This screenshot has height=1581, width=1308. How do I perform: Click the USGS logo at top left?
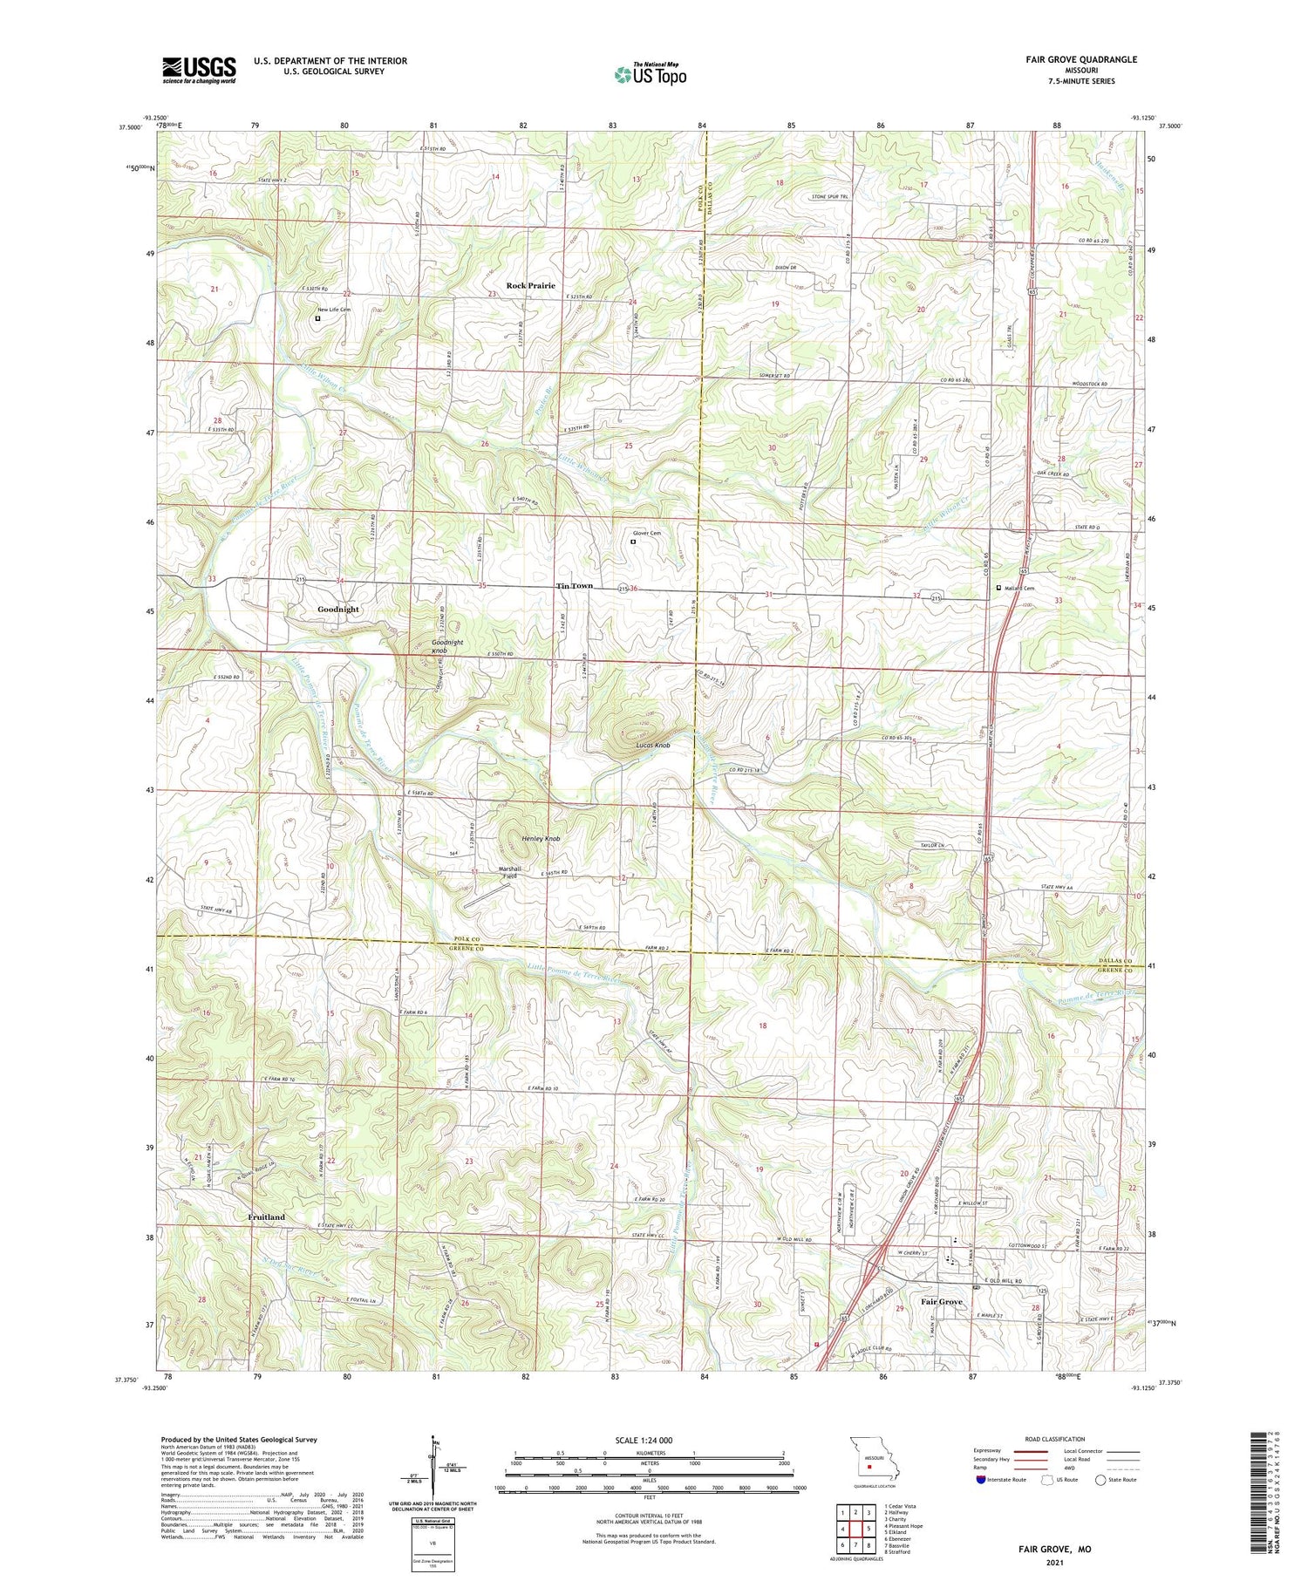199,70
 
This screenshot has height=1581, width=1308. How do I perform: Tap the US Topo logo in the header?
650,75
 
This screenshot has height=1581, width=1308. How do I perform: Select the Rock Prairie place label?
530,285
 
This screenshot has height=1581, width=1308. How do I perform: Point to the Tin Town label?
575,586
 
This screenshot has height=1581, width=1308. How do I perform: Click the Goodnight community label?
338,609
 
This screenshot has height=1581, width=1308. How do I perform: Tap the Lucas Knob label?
652,746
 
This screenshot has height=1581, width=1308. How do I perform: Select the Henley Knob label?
541,839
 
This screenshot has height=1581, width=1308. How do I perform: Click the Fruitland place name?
266,1216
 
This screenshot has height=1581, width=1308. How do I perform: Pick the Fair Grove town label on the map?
942,1302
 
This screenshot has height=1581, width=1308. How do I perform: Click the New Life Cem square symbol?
317,319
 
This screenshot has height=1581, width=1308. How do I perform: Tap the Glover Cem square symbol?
633,542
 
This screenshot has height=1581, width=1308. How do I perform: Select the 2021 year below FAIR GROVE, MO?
1055,1562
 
